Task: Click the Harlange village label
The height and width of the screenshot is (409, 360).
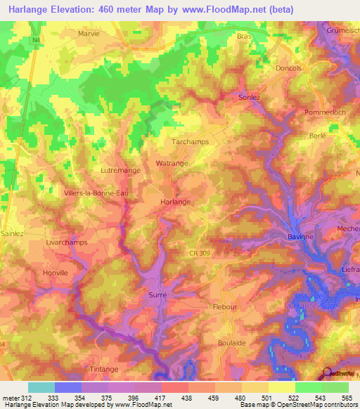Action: (176, 202)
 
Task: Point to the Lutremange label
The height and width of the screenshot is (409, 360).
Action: (121, 170)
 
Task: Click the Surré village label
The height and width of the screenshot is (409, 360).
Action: (158, 295)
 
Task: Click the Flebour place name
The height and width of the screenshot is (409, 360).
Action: (226, 307)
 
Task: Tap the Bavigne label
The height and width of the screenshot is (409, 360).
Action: (300, 237)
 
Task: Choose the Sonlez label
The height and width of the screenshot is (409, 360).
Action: (250, 97)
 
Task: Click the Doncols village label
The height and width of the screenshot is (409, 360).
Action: (289, 68)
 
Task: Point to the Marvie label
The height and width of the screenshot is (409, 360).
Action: (89, 33)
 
